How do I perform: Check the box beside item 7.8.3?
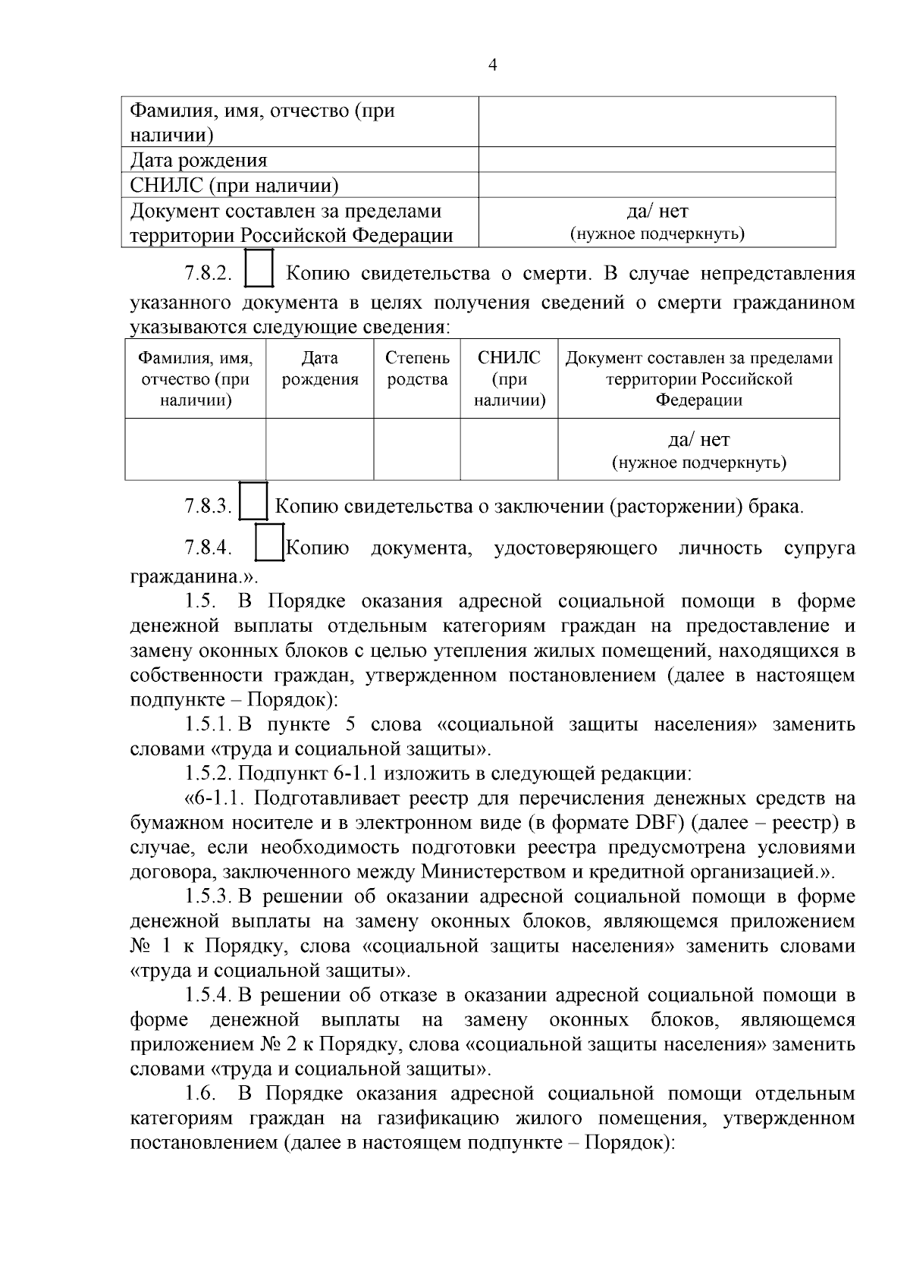253,501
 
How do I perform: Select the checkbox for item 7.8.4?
269,542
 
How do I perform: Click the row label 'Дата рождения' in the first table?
199,160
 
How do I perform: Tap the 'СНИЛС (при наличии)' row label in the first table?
234,185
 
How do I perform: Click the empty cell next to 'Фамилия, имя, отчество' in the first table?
657,122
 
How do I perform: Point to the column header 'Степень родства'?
417,369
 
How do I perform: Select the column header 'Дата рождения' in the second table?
319,369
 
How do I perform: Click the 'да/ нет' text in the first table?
657,211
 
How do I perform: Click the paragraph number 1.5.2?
208,774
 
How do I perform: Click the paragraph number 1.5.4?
209,995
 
